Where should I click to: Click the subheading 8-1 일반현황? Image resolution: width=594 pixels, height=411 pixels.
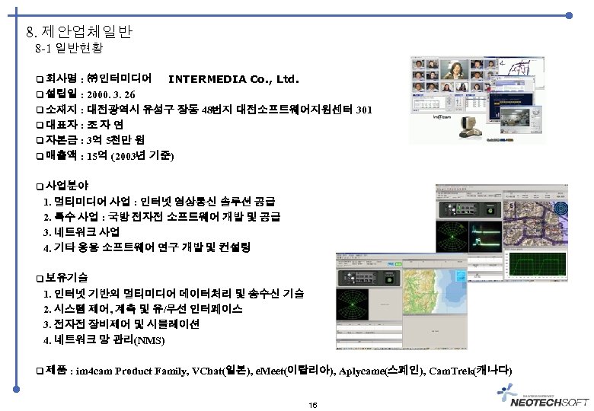(x=69, y=49)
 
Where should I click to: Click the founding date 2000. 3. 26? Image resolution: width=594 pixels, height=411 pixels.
(x=113, y=94)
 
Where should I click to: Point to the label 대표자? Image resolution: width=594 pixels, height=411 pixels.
(x=62, y=125)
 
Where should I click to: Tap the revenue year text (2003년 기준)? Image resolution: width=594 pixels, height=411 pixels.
(x=142, y=156)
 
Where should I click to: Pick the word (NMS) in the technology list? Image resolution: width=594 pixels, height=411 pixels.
(x=148, y=340)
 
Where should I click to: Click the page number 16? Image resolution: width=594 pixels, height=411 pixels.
(x=313, y=404)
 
